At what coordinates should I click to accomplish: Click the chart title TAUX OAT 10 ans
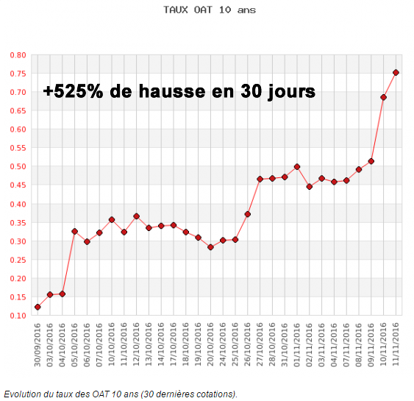coord(210,11)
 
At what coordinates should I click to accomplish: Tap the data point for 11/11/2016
coord(396,72)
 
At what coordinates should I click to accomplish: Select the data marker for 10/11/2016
coord(383,97)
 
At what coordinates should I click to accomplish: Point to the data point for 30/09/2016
coord(38,307)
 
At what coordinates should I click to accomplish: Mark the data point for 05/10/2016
coord(74,231)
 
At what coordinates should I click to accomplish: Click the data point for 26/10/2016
coord(248,214)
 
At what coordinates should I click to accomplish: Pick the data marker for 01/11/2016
coord(297,166)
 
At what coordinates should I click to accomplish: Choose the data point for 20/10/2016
coord(210,247)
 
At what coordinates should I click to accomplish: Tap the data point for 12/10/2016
coord(136,216)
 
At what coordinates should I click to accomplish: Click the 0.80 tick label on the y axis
coord(18,55)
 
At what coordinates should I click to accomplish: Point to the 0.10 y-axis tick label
coord(18,316)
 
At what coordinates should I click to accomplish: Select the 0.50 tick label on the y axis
coord(18,167)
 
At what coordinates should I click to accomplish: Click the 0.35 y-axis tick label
coord(18,223)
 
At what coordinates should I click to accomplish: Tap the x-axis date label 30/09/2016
coord(38,347)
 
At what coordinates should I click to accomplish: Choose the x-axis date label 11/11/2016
coord(396,347)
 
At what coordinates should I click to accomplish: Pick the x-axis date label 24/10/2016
coord(223,347)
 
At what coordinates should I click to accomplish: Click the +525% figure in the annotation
coord(73,91)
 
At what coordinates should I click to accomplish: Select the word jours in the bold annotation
coord(288,91)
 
